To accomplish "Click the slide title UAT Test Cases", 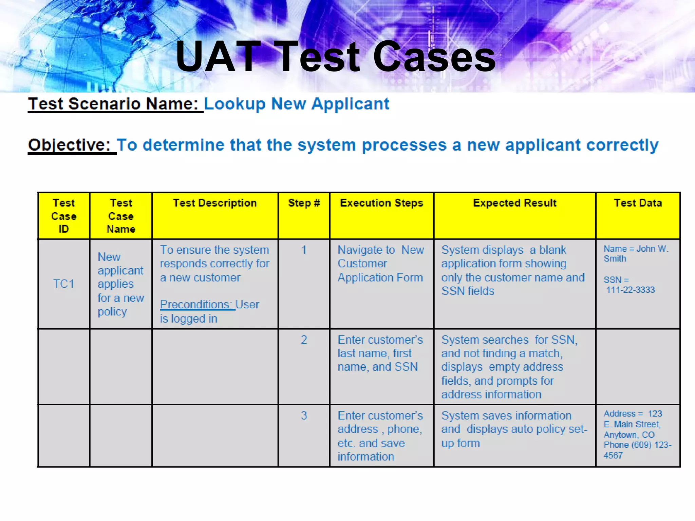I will (x=335, y=57).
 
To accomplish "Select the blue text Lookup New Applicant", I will (x=297, y=104).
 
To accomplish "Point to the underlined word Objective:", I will (x=69, y=145).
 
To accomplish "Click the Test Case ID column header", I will (x=64, y=216).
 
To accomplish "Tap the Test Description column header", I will (x=215, y=203).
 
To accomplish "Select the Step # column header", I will (x=304, y=203).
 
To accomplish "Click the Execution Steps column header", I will (x=381, y=203).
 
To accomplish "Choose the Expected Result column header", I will (x=514, y=203).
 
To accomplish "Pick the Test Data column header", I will (x=638, y=203).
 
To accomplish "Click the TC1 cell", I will (x=64, y=284).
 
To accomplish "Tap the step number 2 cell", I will (x=304, y=340).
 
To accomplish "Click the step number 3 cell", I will (x=304, y=416).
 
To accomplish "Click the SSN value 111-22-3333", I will (x=630, y=290).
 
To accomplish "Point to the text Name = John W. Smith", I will (x=635, y=253).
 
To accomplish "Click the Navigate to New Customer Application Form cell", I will (x=381, y=264).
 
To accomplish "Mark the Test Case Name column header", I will (x=121, y=216).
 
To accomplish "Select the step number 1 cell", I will (x=304, y=250).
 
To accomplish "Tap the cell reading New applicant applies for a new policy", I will (x=120, y=284).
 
